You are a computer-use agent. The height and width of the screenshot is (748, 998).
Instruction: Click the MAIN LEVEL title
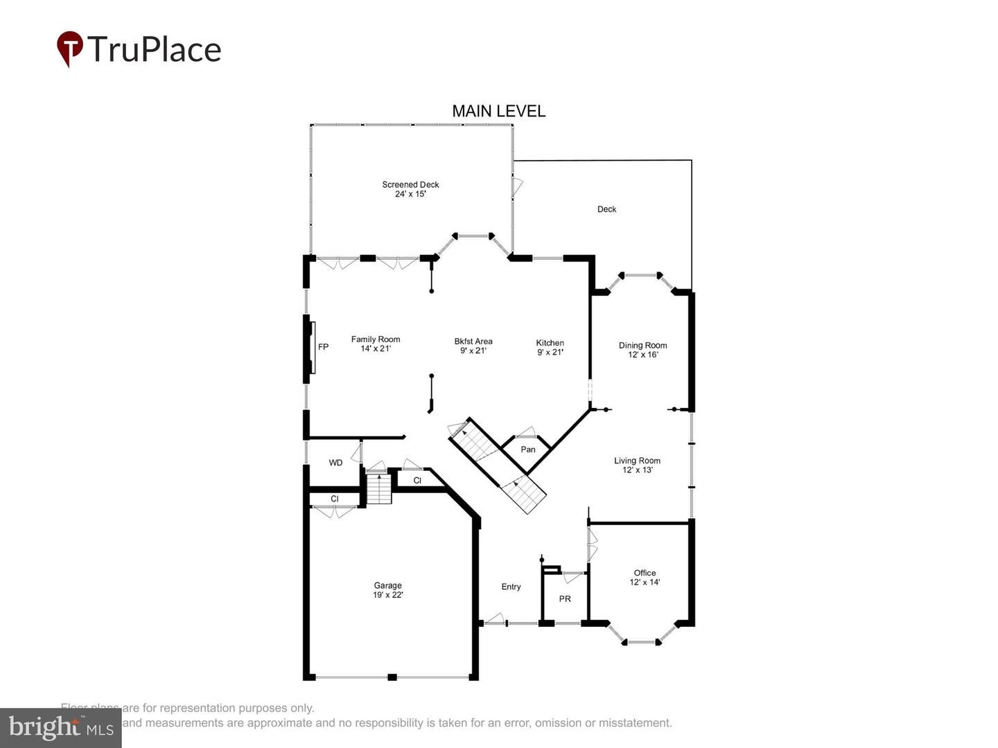point(498,111)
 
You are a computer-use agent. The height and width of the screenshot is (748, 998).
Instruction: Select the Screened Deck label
point(410,189)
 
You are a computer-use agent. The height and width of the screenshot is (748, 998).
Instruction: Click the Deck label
point(606,209)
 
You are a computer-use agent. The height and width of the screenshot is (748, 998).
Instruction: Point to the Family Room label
point(375,344)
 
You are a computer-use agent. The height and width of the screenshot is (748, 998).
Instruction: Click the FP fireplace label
point(323,347)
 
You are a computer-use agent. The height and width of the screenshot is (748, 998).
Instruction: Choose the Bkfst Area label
point(473,346)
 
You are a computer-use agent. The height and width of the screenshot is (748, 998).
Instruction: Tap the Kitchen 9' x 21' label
point(550,347)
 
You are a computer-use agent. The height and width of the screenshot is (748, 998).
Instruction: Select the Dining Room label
point(642,350)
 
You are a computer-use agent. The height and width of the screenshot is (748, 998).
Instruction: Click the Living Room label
point(637,465)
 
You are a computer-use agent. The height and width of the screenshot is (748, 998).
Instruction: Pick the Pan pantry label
point(528,449)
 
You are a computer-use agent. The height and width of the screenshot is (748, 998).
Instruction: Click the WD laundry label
point(335,463)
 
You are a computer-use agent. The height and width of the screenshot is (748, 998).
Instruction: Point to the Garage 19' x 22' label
point(387,590)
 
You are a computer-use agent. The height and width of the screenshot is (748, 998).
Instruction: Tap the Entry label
point(511,587)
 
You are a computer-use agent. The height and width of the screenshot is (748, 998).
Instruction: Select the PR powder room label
point(565,598)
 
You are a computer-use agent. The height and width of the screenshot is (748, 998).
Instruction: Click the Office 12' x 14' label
point(645,578)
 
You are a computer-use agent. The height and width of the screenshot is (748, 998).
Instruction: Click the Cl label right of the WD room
point(417,480)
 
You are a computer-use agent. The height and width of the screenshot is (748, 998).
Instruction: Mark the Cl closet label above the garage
point(334,499)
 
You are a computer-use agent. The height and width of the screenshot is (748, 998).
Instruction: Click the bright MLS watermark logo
point(61,728)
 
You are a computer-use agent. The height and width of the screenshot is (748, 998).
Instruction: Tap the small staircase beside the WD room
point(379,489)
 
